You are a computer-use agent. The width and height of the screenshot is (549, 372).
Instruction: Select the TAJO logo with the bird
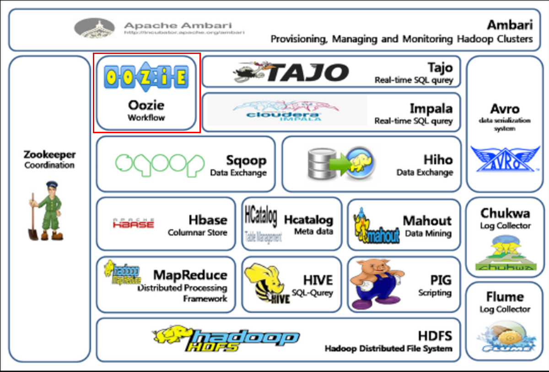(x=291, y=72)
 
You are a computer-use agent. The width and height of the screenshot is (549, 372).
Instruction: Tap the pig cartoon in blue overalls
(x=375, y=285)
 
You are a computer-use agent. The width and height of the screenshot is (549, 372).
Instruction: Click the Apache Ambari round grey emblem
(x=94, y=28)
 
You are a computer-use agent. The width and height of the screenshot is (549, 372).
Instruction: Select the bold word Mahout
(x=427, y=220)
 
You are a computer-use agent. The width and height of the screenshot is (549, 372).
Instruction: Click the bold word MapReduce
(x=190, y=275)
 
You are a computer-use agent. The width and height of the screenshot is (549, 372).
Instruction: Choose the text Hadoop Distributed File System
(x=388, y=349)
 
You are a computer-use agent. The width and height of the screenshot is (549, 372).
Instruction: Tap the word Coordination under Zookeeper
(x=49, y=165)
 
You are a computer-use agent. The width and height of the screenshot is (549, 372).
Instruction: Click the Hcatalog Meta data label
(x=313, y=231)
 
